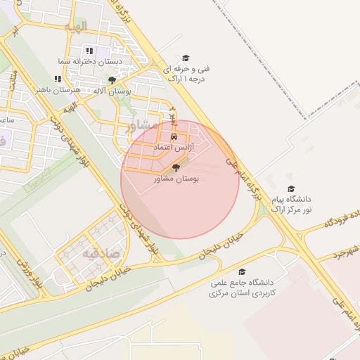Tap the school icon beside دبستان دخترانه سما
click(89, 51)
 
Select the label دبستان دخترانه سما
click(91, 62)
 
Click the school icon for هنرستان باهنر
click(58, 79)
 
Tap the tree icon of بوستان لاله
click(112, 81)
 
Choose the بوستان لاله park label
click(112, 91)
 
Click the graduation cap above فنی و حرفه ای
click(186, 58)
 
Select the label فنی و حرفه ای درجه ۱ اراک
click(186, 74)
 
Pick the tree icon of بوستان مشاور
click(176, 168)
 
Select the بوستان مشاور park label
click(176, 179)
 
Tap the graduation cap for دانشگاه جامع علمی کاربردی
click(242, 272)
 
